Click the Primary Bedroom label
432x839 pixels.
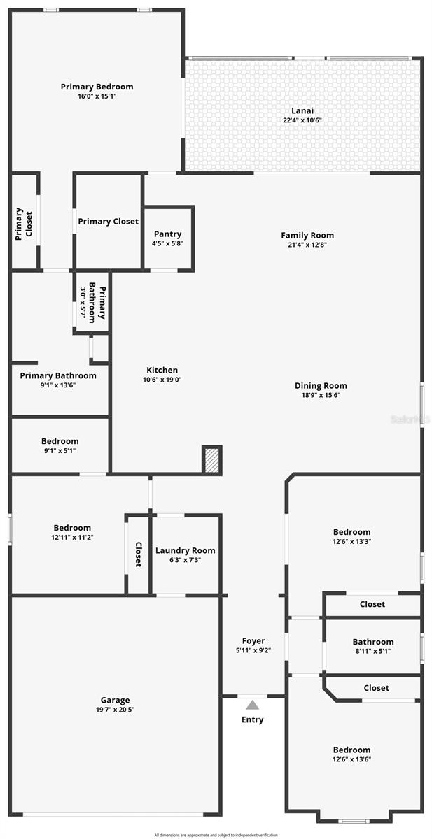[x=97, y=87]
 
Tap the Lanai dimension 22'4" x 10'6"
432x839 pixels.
[x=302, y=120]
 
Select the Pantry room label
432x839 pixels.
[x=167, y=234]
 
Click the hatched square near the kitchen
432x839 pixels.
[x=211, y=459]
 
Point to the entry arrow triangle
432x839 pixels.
[x=252, y=705]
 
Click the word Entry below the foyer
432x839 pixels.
[x=252, y=719]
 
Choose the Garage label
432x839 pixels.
[x=113, y=700]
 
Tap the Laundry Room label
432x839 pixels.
[x=185, y=550]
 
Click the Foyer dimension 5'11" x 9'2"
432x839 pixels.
[x=253, y=650]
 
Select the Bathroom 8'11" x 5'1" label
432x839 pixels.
[x=373, y=642]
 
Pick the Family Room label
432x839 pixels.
[x=307, y=236]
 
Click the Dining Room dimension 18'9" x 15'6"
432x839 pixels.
[x=321, y=395]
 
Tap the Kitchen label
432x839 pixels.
[x=162, y=371]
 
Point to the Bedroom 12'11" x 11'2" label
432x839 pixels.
[x=72, y=528]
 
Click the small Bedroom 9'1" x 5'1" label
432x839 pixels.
[x=60, y=441]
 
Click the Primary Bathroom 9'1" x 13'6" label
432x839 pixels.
[x=58, y=376]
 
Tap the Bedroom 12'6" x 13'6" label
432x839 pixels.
[x=351, y=750]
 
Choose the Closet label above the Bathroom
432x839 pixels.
[x=372, y=604]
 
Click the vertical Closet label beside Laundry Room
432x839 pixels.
[x=138, y=554]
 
